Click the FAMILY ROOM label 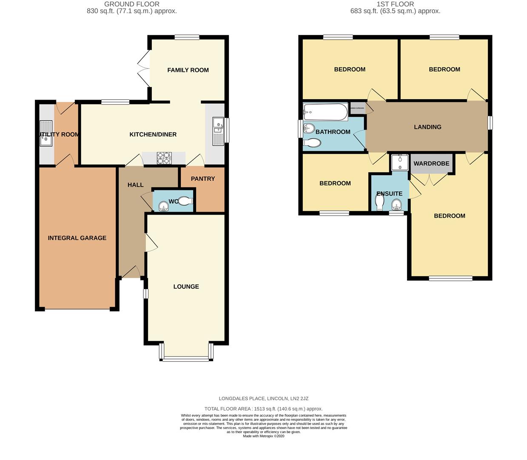tap(188, 70)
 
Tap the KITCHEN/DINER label tap(153, 134)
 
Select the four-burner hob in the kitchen tap(164, 158)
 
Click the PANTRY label tap(203, 178)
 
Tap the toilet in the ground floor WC tap(185, 201)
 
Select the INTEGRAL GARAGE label tap(77, 238)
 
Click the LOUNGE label tap(186, 286)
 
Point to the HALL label tap(136, 185)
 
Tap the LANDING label tap(427, 126)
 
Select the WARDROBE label tap(431, 164)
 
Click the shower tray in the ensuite tap(399, 162)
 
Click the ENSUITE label tap(389, 193)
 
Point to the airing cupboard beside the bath tap(357, 108)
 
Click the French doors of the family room tap(143, 68)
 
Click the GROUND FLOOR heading tap(132, 4)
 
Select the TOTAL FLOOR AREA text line tap(263, 408)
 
